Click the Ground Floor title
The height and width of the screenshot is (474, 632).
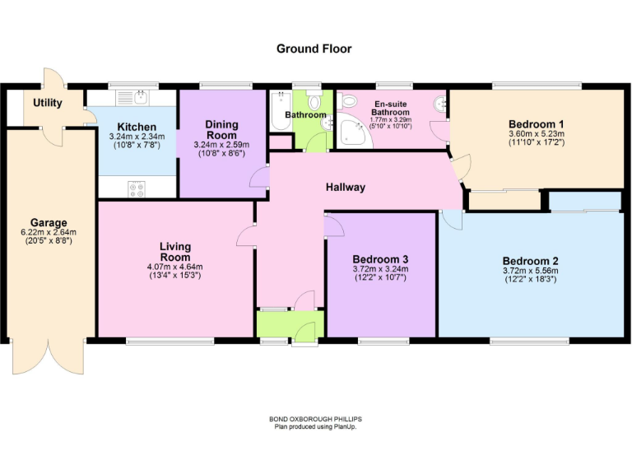click(x=314, y=49)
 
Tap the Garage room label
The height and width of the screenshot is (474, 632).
click(x=49, y=222)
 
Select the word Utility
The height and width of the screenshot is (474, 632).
click(x=48, y=103)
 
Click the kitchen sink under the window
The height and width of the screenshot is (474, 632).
click(x=132, y=97)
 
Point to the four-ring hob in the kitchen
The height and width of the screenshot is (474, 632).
click(x=136, y=188)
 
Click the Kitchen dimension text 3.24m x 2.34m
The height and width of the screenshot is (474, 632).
click(x=136, y=136)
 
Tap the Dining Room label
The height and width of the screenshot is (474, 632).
click(x=221, y=129)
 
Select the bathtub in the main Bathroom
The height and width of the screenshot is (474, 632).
click(x=276, y=115)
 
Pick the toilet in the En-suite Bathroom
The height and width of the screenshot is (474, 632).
click(x=347, y=102)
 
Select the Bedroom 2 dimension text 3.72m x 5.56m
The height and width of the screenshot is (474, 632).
click(x=530, y=271)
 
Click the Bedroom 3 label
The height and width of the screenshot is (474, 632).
click(x=380, y=258)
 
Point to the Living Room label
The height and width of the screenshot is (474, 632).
click(x=175, y=252)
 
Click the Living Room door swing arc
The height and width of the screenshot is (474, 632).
click(x=245, y=237)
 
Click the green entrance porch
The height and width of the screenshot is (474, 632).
click(x=290, y=324)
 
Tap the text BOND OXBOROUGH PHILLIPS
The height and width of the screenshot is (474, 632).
click(x=316, y=419)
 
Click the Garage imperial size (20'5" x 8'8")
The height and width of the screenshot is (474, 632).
click(x=49, y=242)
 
